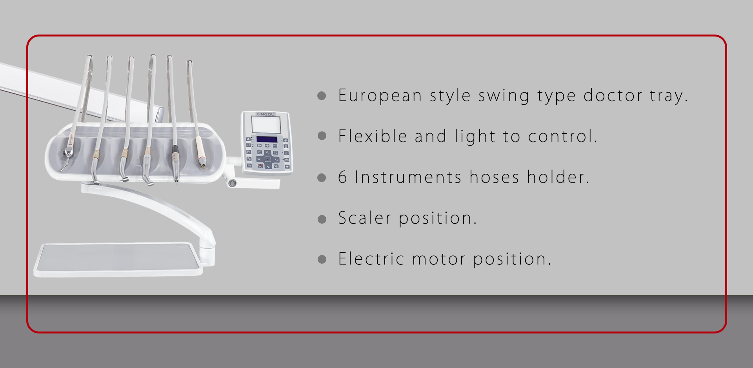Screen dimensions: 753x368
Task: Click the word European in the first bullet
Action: (x=380, y=96)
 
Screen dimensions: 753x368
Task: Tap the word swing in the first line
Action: (x=504, y=96)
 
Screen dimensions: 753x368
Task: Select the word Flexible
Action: (x=373, y=136)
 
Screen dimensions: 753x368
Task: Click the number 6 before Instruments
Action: (x=342, y=177)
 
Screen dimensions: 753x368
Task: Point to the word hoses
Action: (x=494, y=177)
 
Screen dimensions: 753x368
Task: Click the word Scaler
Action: (x=365, y=218)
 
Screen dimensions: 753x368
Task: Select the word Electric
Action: (x=371, y=259)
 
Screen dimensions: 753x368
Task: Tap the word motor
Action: (x=439, y=259)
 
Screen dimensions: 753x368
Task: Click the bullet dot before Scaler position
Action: (x=322, y=219)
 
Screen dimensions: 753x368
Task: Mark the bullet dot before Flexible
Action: (x=322, y=136)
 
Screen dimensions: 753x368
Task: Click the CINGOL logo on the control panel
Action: (x=266, y=114)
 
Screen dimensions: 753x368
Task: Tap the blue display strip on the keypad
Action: (x=267, y=139)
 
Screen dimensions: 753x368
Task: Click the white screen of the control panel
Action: (x=266, y=125)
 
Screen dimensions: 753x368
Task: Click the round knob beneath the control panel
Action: (x=232, y=183)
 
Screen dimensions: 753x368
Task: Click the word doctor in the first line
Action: (x=613, y=96)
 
